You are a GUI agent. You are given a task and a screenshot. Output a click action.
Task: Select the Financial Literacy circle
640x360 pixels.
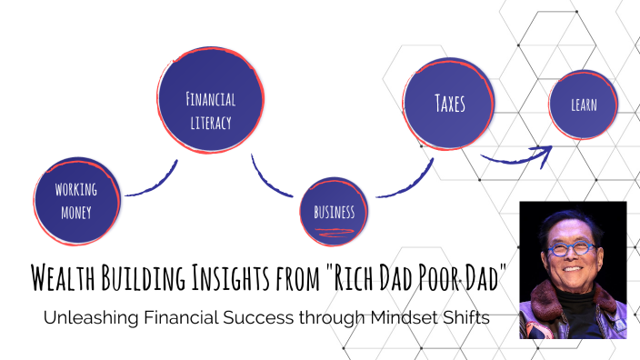coord(210,109)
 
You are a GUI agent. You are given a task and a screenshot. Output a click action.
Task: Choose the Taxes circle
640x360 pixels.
coord(449,105)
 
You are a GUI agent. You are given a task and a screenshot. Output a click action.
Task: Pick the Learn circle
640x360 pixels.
coord(585,105)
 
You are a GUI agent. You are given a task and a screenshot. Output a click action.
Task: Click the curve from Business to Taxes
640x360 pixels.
coord(400,183)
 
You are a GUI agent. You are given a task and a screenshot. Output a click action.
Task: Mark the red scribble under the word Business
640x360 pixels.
coord(334,234)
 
